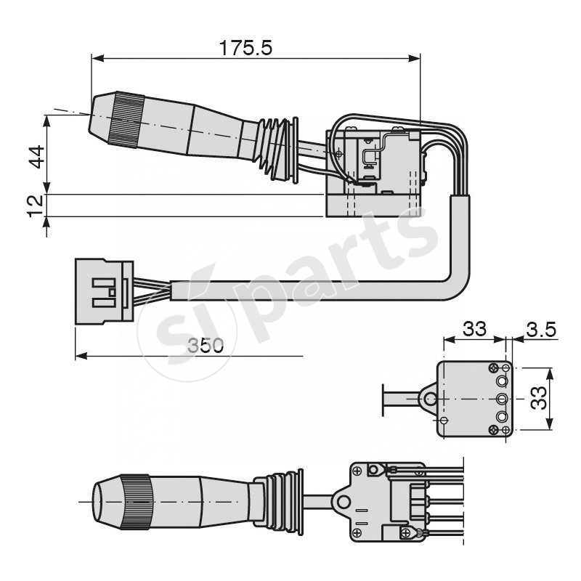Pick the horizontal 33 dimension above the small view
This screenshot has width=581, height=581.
(474, 329)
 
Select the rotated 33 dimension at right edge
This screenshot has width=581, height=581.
(538, 398)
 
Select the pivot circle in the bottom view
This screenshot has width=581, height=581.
(343, 501)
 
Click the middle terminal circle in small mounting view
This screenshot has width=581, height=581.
(501, 399)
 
